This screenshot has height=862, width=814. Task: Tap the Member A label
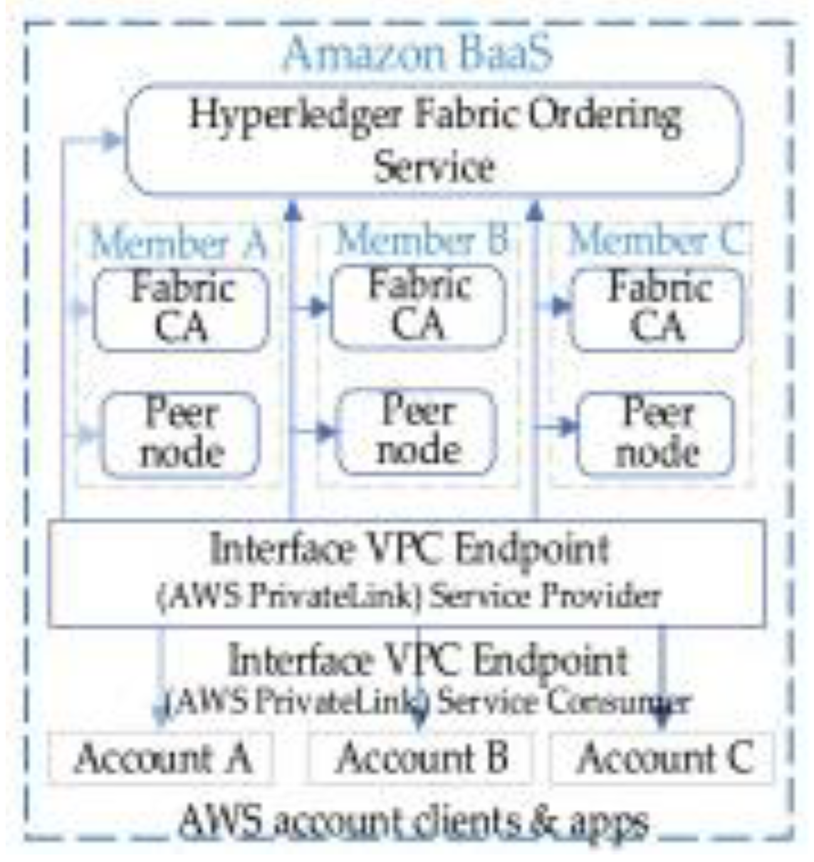179,243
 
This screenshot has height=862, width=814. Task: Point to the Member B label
421,241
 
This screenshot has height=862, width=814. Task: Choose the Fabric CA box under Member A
181,309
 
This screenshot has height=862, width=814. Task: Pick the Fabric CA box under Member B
418,307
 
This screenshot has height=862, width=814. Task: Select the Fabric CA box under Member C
657,309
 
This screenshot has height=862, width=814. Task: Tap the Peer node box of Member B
418,432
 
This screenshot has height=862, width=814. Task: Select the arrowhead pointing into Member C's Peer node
568,428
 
